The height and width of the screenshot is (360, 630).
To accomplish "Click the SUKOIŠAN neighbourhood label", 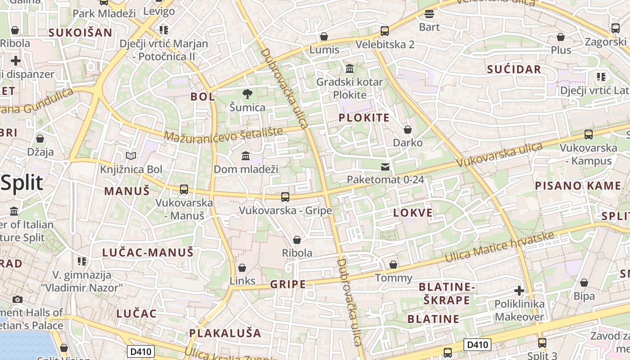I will coord(80,32).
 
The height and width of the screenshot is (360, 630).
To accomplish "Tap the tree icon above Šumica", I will coord(247,94).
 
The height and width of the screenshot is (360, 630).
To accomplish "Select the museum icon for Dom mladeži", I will coord(246,156).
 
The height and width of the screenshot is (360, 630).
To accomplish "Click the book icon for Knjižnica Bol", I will coord(131,156).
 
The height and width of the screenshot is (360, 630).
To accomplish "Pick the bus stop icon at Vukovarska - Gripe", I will coord(285,197).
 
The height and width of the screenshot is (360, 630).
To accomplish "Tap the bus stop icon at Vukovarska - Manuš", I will coord(184,189).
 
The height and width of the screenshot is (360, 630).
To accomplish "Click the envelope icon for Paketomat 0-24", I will coord(385,167).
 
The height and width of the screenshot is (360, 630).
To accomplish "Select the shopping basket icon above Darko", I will coord(408,130).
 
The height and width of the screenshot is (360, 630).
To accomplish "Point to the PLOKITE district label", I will coord(364,118).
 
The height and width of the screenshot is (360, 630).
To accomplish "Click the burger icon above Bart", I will coord(429,14).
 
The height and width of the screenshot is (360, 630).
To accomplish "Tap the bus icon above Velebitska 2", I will coord(385,31).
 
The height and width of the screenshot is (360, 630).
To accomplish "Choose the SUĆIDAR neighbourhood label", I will coord(514,69).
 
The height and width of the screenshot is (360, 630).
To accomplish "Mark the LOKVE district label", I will coord(413,213).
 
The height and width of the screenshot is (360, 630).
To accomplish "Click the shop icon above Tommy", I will coord(393,265).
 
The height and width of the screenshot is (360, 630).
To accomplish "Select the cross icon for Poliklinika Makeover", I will coord(519,291).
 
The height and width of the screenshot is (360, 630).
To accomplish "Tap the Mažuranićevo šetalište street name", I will coord(223,134).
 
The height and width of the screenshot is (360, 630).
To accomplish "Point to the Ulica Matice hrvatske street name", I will coord(499,248).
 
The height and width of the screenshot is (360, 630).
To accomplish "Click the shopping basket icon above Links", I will coord(242,268).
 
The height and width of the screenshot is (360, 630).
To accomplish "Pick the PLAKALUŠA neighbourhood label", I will coord(225,333).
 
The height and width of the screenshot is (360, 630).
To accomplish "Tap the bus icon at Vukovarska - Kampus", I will coord(588,135).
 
